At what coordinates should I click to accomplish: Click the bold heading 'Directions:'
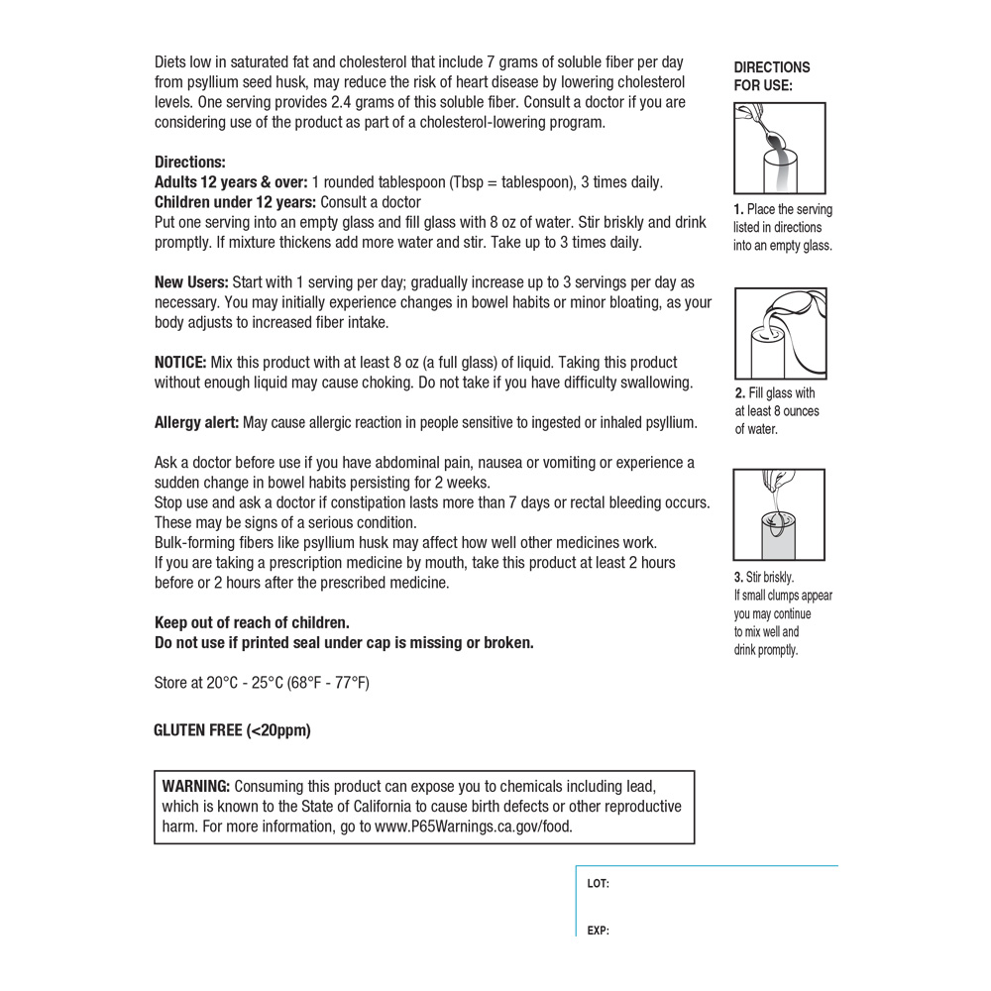[190, 163]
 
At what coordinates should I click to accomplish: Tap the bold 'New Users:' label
[191, 282]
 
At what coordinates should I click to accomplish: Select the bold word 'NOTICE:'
[180, 363]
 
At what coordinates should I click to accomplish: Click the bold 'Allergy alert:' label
[196, 423]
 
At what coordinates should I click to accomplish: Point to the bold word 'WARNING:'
[196, 786]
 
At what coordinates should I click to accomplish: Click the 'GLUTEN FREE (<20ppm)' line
[232, 730]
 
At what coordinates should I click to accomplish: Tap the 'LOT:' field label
[598, 883]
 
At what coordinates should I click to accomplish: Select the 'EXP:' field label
[598, 931]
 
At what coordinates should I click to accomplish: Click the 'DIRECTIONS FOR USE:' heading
[771, 76]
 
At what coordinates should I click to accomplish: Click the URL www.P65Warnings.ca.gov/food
[474, 826]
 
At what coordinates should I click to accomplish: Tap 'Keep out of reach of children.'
[252, 622]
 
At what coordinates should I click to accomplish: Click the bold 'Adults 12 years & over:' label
[231, 182]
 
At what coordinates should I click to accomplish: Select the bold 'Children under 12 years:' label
[236, 202]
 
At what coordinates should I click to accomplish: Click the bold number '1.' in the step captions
[739, 210]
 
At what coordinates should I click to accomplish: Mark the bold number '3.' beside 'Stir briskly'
[739, 577]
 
